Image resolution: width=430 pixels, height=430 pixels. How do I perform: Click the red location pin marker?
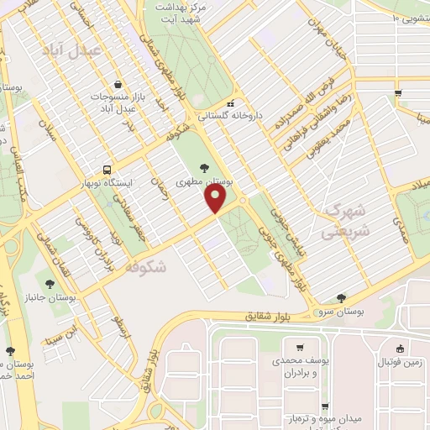pos(217,198)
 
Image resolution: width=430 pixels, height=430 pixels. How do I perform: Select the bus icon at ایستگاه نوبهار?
pos(107,167)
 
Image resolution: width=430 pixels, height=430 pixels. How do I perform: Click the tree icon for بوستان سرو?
pos(341,297)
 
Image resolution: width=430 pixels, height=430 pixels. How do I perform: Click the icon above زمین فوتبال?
pos(401,349)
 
